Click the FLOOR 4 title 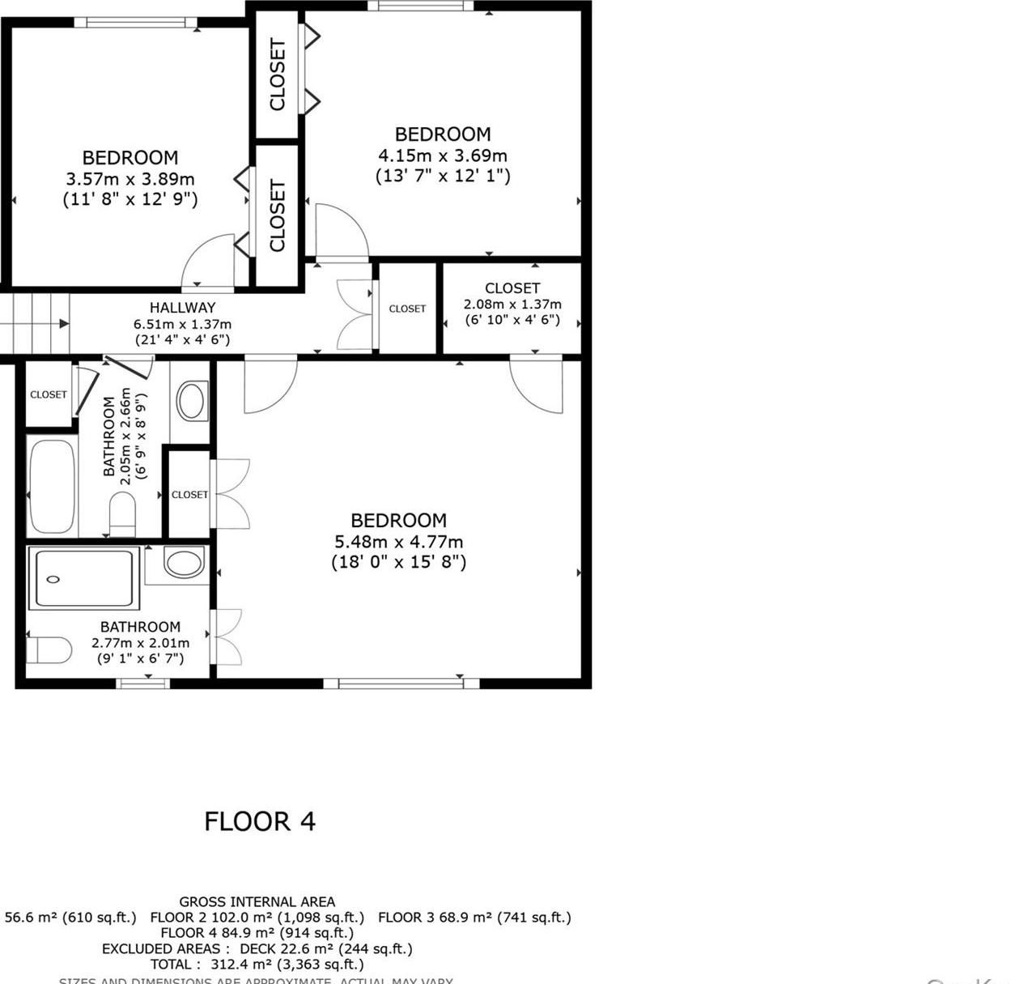pyautogui.click(x=259, y=821)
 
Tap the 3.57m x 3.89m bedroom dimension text pyautogui.click(x=130, y=179)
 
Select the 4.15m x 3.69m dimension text pyautogui.click(x=443, y=155)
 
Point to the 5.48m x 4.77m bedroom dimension pyautogui.click(x=398, y=542)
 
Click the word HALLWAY pyautogui.click(x=182, y=308)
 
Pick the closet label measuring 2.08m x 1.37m pyautogui.click(x=512, y=288)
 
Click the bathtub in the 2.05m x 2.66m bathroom pyautogui.click(x=52, y=485)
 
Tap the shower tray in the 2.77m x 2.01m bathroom pyautogui.click(x=83, y=578)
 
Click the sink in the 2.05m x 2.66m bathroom pyautogui.click(x=192, y=401)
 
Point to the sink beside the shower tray pyautogui.click(x=184, y=564)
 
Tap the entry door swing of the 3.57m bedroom pyautogui.click(x=209, y=262)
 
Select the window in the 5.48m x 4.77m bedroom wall pyautogui.click(x=401, y=684)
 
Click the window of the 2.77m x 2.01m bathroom pyautogui.click(x=143, y=684)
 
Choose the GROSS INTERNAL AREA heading pyautogui.click(x=257, y=901)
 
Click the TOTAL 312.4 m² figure pyautogui.click(x=257, y=964)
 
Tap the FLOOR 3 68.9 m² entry pyautogui.click(x=474, y=918)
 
